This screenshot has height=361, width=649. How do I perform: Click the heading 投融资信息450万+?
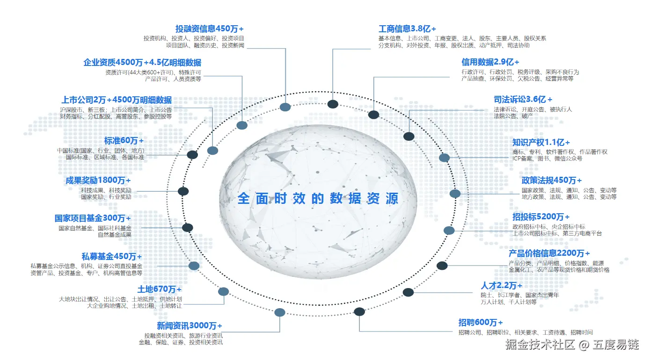click(210, 29)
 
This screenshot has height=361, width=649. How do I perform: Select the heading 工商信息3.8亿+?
click(407, 29)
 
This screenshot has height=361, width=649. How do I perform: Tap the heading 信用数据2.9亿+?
click(490, 62)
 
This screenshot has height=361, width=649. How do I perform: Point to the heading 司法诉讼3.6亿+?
click(523, 99)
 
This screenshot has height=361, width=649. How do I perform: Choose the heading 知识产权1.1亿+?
click(541, 142)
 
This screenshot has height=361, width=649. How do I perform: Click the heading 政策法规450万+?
click(552, 180)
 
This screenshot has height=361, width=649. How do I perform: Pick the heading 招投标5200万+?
click(541, 217)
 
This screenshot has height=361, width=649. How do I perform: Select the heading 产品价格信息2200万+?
click(549, 253)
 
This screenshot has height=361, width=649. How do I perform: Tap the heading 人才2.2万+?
click(501, 285)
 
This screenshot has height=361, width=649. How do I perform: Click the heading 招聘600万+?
click(481, 323)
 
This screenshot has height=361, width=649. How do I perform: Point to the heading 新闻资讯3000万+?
click(190, 325)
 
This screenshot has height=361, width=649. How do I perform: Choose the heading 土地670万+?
click(159, 289)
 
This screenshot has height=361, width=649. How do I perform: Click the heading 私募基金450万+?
click(111, 256)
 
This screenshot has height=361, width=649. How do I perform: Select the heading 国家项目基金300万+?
click(93, 218)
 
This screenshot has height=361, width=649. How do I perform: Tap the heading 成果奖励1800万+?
click(98, 180)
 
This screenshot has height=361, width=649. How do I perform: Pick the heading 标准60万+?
click(124, 140)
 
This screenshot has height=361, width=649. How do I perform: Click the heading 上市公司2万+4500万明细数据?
click(116, 100)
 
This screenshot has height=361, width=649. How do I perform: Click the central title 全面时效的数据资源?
click(318, 198)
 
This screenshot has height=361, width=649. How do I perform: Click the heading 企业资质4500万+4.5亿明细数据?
click(142, 62)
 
